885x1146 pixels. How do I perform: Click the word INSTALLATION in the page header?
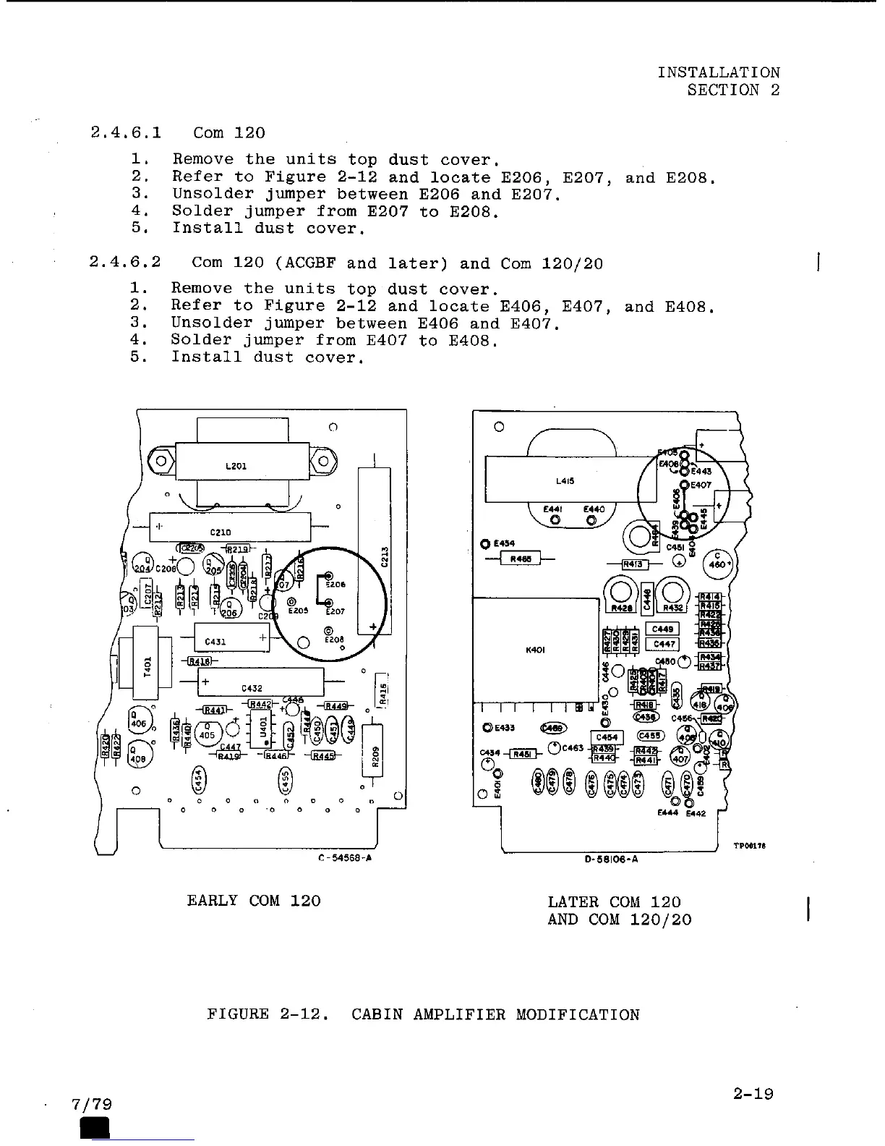[718, 72]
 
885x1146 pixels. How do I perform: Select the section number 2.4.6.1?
[127, 133]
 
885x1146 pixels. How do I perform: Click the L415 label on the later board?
[565, 480]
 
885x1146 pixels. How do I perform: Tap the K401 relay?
[536, 650]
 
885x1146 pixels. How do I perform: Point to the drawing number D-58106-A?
[610, 859]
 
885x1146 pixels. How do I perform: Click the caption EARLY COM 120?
[253, 901]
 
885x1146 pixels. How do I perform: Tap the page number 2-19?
[752, 1093]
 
